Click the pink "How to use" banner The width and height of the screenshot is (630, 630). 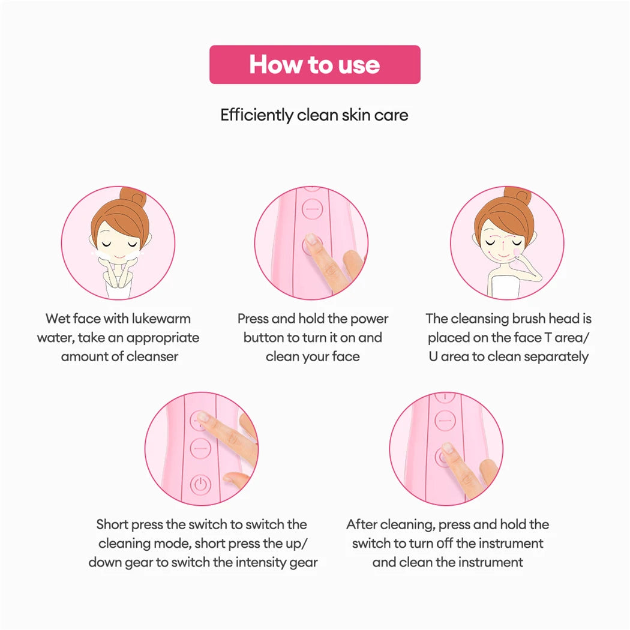pyautogui.click(x=314, y=64)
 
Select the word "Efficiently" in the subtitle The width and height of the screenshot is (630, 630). pyautogui.click(x=257, y=115)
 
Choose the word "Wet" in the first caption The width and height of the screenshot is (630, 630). pyautogui.click(x=57, y=319)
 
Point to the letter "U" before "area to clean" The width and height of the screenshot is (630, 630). pyautogui.click(x=433, y=356)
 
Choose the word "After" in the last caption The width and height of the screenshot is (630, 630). pyautogui.click(x=362, y=524)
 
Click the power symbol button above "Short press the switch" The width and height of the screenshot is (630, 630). pyautogui.click(x=200, y=484)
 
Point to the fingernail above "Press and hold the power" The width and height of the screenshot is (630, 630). pyautogui.click(x=311, y=239)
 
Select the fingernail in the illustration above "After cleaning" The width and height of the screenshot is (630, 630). pyautogui.click(x=447, y=448)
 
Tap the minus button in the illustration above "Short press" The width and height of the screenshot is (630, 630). pyautogui.click(x=200, y=448)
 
